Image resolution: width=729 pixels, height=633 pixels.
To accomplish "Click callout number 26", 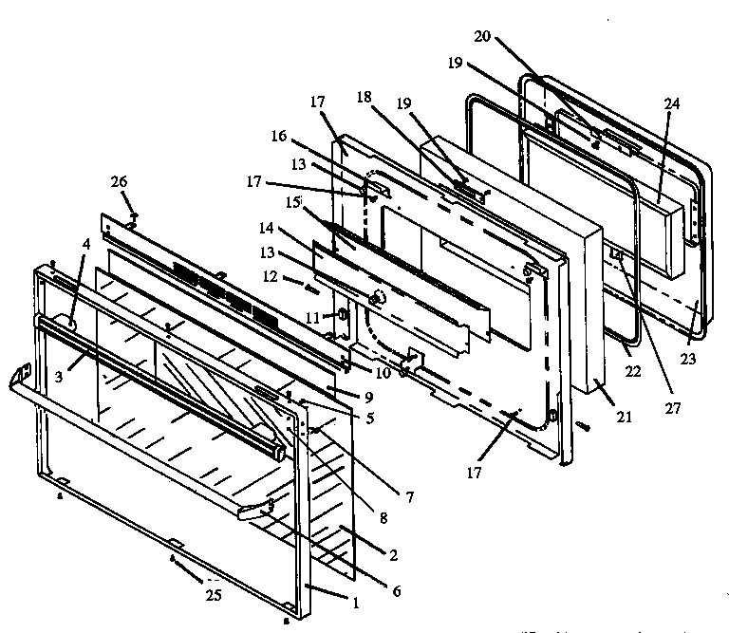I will tap(119, 181).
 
